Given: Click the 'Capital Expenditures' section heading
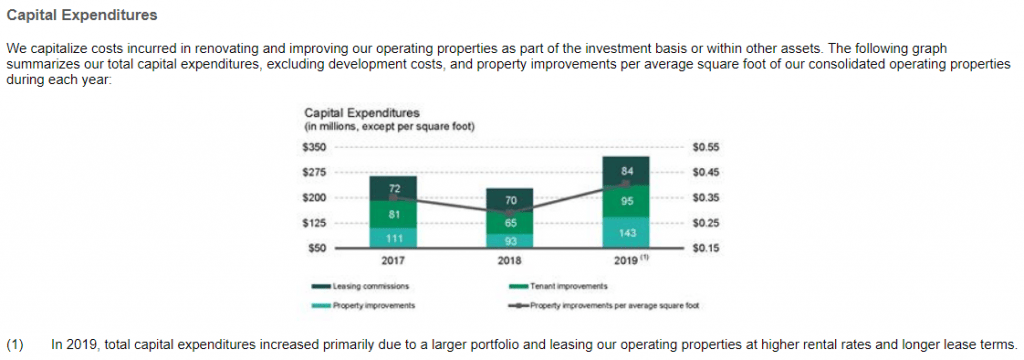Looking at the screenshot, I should pos(82,17).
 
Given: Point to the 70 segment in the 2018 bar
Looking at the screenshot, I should pos(510,200).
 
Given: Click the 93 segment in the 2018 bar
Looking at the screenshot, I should pos(510,240).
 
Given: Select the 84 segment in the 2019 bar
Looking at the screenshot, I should pos(627,170).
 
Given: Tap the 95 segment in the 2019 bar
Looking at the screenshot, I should pos(627,201).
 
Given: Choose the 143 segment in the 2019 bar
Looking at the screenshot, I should pos(627,232).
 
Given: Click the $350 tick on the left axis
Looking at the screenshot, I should pos(313,147).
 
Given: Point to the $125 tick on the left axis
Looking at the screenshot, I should pos(313,222).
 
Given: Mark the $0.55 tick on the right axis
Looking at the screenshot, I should pos(705,147).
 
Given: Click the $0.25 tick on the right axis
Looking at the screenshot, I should pos(705,222).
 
